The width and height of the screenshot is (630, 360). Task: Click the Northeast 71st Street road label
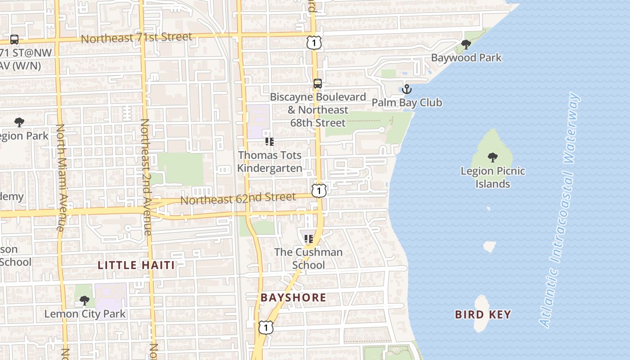[136, 38]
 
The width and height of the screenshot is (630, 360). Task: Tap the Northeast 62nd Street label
[238, 198]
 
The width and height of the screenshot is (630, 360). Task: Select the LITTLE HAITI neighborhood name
[136, 265]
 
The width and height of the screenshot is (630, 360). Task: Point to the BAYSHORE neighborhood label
[293, 297]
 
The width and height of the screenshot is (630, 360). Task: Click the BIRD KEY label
[483, 315]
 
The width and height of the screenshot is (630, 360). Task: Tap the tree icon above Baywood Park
[466, 45]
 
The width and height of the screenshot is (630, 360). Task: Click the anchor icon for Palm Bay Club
[407, 89]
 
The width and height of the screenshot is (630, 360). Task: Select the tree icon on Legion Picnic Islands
[493, 157]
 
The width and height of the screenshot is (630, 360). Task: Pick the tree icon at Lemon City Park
[84, 301]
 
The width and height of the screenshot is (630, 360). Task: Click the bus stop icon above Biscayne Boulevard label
[318, 84]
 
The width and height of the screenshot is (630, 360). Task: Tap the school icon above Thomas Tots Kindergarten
[270, 142]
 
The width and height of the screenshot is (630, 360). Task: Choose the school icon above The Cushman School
[308, 239]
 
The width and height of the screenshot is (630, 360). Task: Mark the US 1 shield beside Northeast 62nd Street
[319, 190]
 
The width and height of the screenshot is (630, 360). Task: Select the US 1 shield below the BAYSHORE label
[266, 327]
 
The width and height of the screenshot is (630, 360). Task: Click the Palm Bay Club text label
[407, 103]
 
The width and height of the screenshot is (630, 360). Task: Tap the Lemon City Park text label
[85, 314]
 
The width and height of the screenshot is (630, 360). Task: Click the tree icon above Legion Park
[19, 122]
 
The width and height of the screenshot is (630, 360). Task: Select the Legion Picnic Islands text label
[493, 177]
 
